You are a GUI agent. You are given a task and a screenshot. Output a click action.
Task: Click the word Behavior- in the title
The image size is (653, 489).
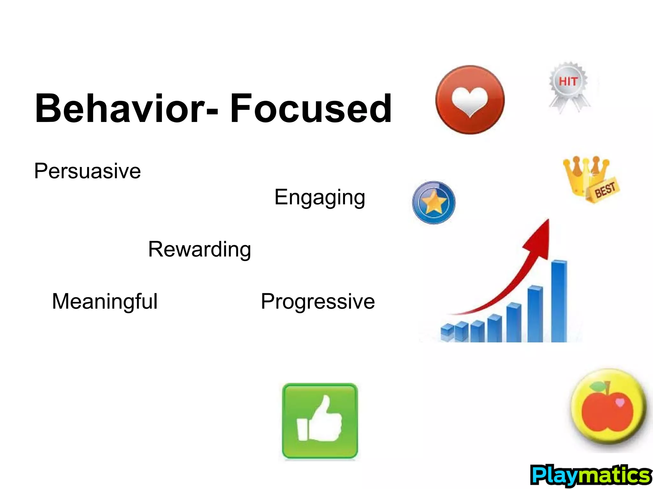pos(126,108)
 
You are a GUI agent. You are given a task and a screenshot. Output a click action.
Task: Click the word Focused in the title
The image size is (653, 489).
pos(311,108)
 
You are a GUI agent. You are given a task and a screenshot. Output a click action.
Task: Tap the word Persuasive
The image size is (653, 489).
pos(87,171)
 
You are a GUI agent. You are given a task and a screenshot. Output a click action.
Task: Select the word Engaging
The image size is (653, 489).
pos(319,197)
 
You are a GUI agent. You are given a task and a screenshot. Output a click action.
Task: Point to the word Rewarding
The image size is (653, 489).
pos(200,249)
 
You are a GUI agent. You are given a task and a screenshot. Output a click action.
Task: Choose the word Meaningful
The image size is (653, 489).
pos(105,301)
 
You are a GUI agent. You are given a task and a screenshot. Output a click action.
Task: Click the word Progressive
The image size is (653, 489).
pos(318,301)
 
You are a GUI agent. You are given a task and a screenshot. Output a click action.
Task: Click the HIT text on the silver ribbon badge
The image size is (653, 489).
pos(568,81)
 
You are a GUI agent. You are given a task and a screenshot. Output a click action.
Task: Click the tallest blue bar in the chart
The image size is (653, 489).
pos(559,301)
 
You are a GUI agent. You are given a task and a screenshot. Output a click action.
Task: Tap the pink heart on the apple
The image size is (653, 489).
pos(620,402)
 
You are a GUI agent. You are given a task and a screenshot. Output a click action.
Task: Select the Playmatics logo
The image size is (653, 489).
pos(591,475)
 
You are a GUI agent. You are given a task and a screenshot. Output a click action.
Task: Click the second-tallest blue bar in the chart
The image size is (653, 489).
pos(535,314)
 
